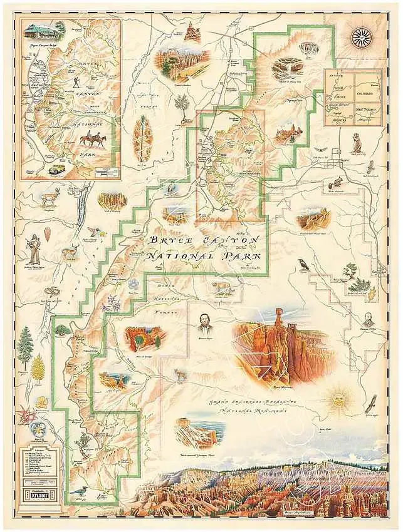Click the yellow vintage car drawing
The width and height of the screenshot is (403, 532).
[x=55, y=169]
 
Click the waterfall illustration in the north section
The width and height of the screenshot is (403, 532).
[x=285, y=67]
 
